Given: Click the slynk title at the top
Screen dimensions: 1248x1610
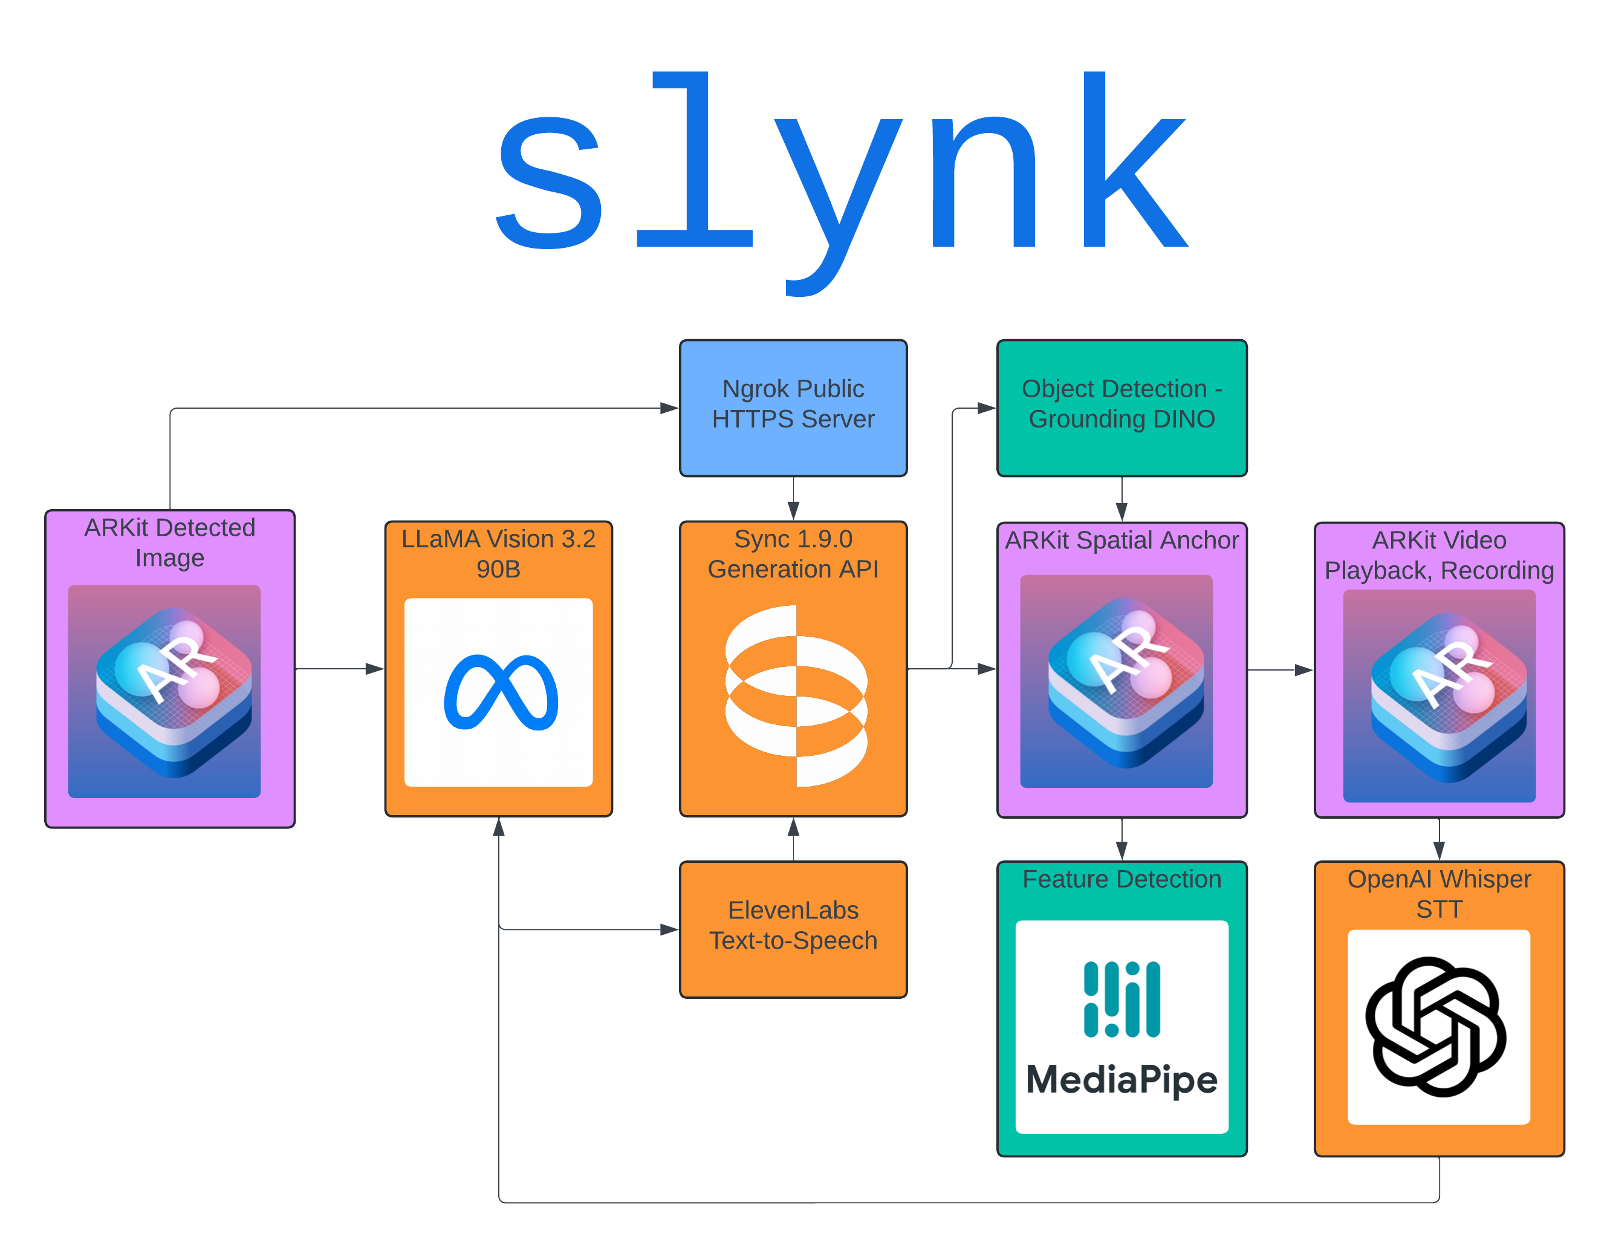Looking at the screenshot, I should pyautogui.click(x=840, y=177).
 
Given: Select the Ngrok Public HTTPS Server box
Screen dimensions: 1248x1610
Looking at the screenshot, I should pyautogui.click(x=793, y=408).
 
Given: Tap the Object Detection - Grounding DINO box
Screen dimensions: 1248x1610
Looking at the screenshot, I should pyautogui.click(x=1121, y=408).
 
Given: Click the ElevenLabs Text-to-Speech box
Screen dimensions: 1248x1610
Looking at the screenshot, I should pyautogui.click(x=793, y=929).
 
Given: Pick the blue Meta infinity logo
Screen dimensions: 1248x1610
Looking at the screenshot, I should pyautogui.click(x=501, y=692).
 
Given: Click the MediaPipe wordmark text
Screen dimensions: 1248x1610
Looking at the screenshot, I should pyautogui.click(x=1121, y=1080).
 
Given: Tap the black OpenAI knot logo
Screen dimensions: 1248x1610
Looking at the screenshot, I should pyautogui.click(x=1435, y=1026).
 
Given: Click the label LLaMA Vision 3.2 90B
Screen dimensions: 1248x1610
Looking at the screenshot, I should pyautogui.click(x=498, y=554).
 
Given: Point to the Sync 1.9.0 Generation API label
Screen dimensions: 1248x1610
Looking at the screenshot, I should pyautogui.click(x=793, y=554).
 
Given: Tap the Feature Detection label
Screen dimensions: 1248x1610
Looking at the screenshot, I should pyautogui.click(x=1121, y=879).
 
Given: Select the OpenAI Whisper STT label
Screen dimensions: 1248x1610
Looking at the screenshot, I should pyautogui.click(x=1439, y=894).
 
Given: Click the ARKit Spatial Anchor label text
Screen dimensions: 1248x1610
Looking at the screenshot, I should pyautogui.click(x=1121, y=541).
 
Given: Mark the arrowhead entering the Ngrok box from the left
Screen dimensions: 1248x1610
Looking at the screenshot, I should pyautogui.click(x=669, y=408).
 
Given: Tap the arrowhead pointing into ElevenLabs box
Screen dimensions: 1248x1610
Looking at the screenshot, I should pyautogui.click(x=669, y=929).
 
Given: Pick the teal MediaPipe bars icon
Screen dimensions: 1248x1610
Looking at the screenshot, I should pyautogui.click(x=1121, y=999).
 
